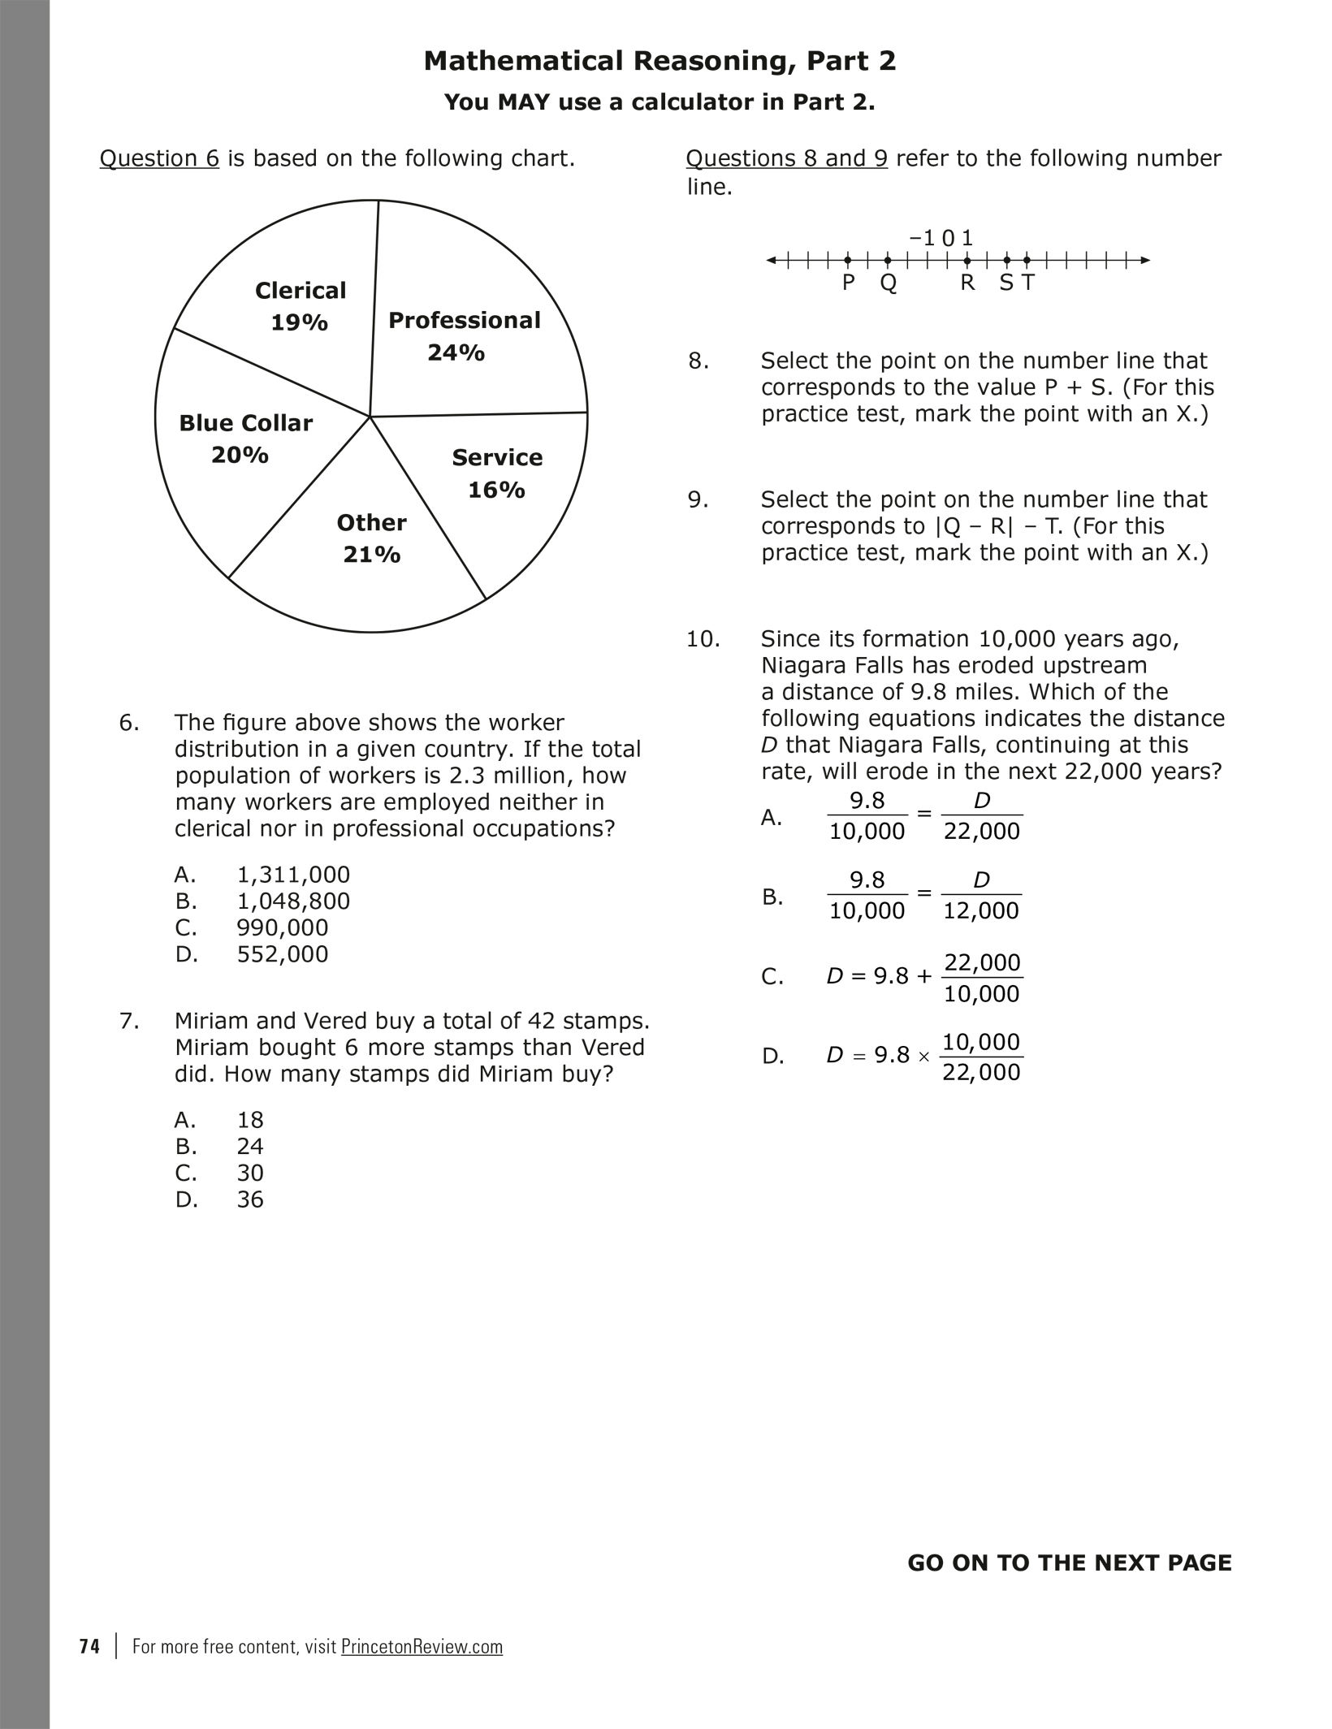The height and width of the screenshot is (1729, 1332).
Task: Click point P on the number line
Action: (848, 261)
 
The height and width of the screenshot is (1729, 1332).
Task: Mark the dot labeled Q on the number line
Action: (888, 261)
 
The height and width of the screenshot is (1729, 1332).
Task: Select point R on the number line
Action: (967, 261)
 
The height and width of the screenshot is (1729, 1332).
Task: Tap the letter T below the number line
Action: (1028, 283)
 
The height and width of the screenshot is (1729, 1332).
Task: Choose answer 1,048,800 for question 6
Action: (293, 901)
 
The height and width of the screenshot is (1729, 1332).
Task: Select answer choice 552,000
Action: (283, 954)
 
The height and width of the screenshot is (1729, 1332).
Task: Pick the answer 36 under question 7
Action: (250, 1199)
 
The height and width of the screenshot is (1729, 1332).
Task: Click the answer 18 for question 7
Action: (250, 1120)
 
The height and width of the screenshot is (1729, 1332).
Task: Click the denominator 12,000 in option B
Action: (981, 911)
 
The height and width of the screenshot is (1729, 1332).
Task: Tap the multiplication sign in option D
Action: (923, 1057)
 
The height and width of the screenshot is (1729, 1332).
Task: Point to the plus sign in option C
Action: (923, 976)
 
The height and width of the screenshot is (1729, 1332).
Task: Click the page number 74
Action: (90, 1647)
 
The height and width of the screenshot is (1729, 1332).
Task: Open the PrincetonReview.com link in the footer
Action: (422, 1647)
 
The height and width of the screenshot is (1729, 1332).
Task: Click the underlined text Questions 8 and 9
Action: (786, 158)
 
